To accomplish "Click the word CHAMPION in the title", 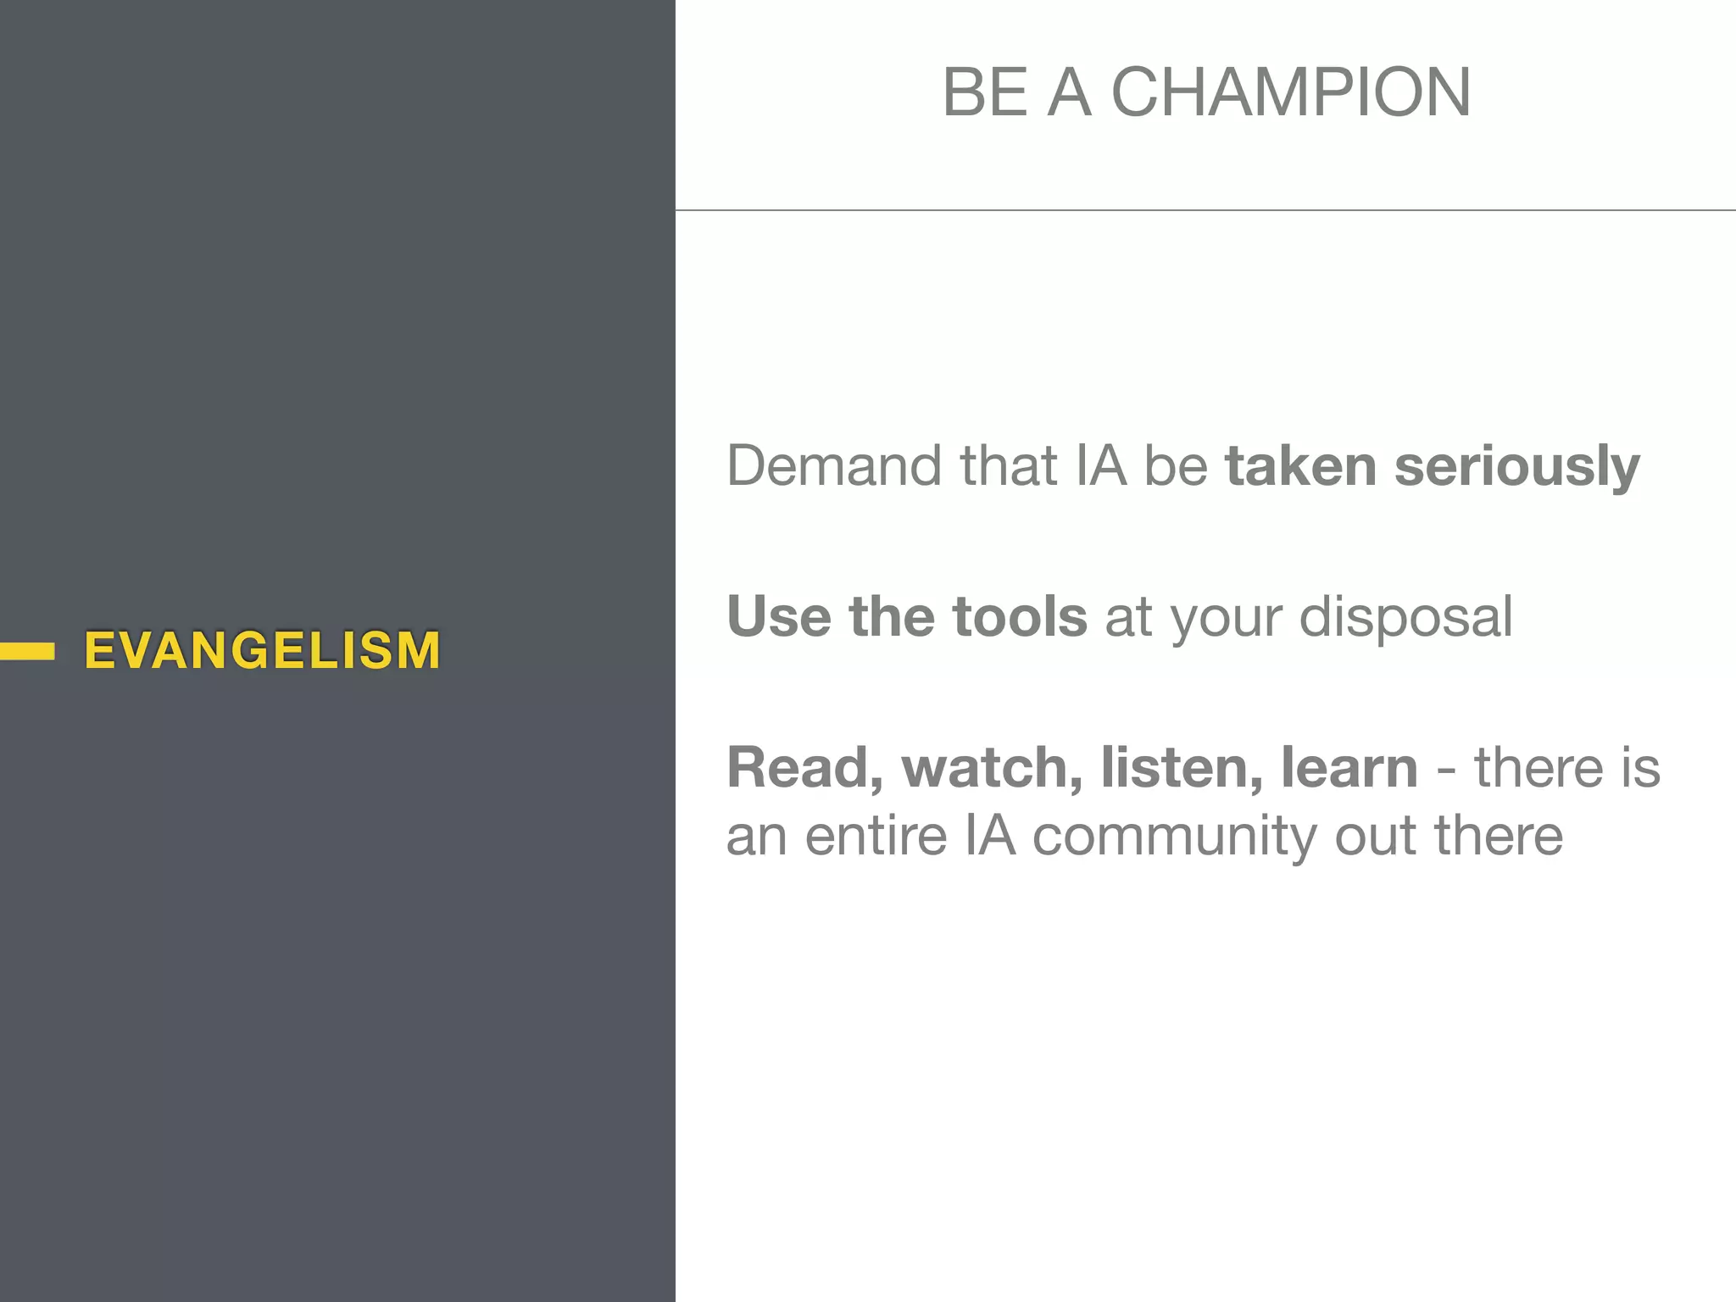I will tap(1291, 92).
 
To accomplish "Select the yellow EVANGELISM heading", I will tap(263, 651).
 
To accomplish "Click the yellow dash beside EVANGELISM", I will tap(27, 651).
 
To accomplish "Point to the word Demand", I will tap(834, 466).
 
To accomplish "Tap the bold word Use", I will tap(779, 616).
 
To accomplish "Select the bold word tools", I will tap(1020, 616).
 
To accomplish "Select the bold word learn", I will tap(1349, 768).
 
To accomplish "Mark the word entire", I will tap(876, 836).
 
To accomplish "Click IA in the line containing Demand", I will tap(1101, 466).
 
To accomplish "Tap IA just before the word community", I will tap(990, 836).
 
